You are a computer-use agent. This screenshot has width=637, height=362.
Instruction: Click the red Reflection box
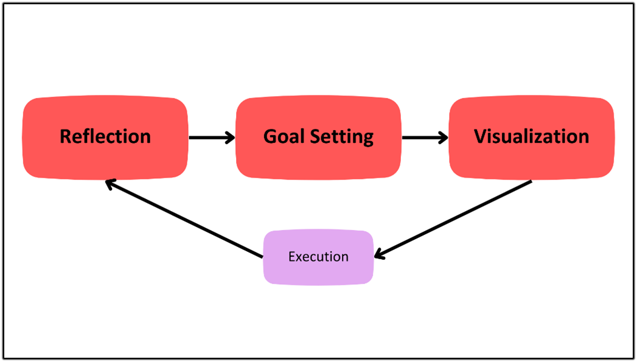pos(105,137)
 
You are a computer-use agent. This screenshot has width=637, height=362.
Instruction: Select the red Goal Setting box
pos(319,137)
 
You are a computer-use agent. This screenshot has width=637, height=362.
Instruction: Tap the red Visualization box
pos(531,137)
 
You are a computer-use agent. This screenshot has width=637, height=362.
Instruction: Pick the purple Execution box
pos(319,257)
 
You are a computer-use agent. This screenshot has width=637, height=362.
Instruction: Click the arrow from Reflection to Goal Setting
pos(212,137)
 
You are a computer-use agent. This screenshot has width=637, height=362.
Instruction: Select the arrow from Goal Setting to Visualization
pos(425,137)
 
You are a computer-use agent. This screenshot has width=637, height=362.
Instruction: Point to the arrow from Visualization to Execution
pos(453,220)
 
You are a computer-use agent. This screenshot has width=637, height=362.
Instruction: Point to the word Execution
pos(319,257)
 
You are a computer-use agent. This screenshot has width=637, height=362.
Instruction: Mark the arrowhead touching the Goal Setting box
pos(231,137)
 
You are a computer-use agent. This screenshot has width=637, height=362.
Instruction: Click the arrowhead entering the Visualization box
pos(443,137)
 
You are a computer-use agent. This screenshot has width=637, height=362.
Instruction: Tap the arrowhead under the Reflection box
pos(111,184)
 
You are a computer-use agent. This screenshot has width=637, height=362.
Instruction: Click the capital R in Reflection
pos(66,136)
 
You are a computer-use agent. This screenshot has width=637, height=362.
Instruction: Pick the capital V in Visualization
pos(481,136)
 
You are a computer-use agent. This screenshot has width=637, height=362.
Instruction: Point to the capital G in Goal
pos(270,136)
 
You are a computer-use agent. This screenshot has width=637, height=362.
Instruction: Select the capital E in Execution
pos(291,257)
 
